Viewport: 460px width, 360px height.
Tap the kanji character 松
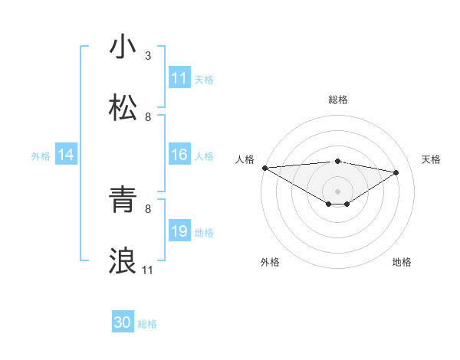123,108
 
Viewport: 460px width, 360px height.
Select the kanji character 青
123,200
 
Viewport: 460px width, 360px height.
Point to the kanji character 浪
123,261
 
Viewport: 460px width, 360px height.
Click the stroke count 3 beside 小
148,56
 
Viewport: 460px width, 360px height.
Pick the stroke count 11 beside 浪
148,270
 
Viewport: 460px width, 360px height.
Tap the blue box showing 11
179,78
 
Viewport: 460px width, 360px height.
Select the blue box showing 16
179,155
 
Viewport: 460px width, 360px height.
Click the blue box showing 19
179,231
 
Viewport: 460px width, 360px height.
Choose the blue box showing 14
66,155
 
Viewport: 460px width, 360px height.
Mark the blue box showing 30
123,323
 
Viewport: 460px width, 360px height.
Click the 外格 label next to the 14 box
41,155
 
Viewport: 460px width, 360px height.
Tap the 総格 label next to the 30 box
147,324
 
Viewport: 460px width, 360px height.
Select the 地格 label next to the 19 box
204,232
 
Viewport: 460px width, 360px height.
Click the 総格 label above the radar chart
337,100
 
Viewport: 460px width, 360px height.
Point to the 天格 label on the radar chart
432,159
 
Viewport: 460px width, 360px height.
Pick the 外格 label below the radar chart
270,262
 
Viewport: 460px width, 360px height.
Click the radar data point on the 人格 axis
264,168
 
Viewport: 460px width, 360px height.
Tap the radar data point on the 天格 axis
396,172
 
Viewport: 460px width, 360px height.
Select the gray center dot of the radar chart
337,191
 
